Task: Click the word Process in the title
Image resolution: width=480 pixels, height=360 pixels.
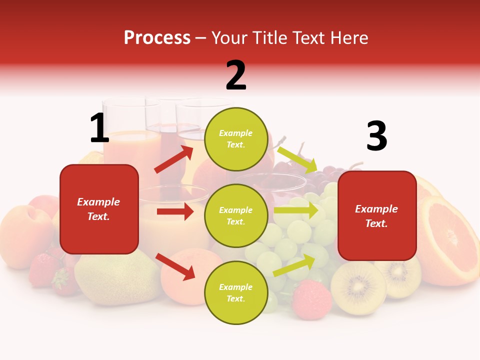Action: pyautogui.click(x=157, y=37)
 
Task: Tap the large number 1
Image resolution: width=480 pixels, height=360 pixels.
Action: pyautogui.click(x=99, y=128)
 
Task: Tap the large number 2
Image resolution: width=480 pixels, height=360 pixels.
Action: pyautogui.click(x=236, y=75)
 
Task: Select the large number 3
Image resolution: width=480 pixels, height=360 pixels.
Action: pyautogui.click(x=376, y=136)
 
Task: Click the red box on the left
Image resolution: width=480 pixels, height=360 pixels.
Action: pyautogui.click(x=99, y=209)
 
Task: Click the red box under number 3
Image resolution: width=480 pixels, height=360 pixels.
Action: pyautogui.click(x=377, y=215)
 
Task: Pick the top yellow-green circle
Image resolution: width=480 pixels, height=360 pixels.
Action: pyautogui.click(x=236, y=139)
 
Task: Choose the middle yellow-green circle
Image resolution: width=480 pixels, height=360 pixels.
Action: pyautogui.click(x=236, y=215)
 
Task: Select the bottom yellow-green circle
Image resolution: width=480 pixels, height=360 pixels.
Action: pyautogui.click(x=236, y=292)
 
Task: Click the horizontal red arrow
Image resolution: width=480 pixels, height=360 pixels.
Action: pyautogui.click(x=175, y=211)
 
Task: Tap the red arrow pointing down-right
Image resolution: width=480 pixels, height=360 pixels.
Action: pyautogui.click(x=175, y=266)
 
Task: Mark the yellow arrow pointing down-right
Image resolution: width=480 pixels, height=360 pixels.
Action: pyautogui.click(x=297, y=159)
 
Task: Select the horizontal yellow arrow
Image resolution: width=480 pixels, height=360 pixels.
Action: pyautogui.click(x=296, y=210)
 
